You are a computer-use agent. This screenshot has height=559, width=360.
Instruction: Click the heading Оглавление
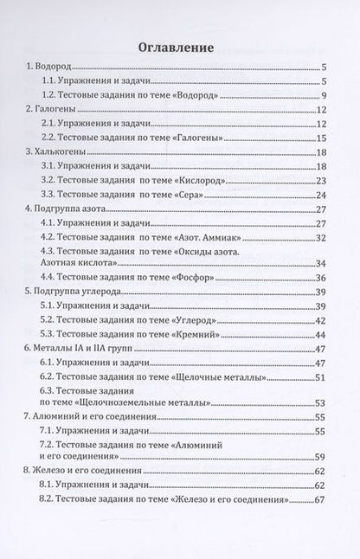180,47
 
